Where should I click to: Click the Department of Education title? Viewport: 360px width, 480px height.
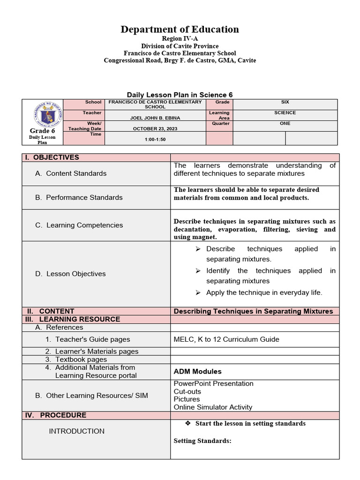tap(180, 30)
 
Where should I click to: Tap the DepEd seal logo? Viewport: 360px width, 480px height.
tap(43, 114)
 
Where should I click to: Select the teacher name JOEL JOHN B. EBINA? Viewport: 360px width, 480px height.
tap(155, 118)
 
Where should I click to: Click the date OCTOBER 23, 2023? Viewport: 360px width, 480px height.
tap(155, 128)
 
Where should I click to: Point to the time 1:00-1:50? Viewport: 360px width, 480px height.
tap(155, 140)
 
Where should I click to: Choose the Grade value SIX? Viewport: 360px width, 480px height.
tap(285, 102)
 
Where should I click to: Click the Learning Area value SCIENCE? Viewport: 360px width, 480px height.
tap(285, 112)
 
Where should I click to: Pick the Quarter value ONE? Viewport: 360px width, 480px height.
tap(285, 123)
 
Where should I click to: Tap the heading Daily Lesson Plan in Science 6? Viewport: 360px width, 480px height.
tap(180, 95)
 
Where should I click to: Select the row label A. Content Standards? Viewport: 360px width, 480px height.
tap(71, 173)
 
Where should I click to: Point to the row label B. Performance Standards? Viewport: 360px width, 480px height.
tap(79, 197)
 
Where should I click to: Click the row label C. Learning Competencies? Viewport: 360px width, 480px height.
tap(79, 225)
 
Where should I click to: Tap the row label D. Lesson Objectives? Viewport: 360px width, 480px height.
tap(70, 274)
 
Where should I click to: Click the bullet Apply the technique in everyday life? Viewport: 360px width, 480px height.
tap(264, 292)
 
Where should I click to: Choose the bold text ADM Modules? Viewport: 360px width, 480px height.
tap(197, 371)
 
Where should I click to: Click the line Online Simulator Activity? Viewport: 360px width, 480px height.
tap(213, 407)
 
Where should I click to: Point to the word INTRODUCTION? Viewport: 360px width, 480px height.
tap(77, 431)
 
